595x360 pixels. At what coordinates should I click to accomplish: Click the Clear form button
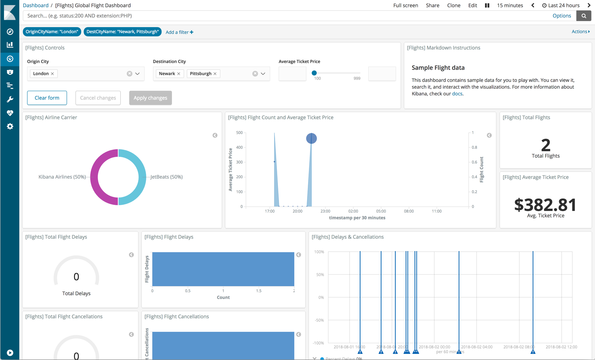point(47,98)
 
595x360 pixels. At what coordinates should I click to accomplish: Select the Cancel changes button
point(98,98)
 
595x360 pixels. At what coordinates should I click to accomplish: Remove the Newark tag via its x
point(179,74)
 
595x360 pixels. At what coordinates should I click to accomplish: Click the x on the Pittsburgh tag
point(215,74)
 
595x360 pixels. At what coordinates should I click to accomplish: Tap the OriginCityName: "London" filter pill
point(52,32)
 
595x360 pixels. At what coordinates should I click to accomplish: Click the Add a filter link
point(179,32)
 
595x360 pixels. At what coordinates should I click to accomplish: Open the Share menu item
point(432,5)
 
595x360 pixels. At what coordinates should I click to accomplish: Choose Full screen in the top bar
point(405,5)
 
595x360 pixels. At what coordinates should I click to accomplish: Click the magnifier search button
point(584,16)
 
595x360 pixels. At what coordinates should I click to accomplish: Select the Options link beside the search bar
point(562,16)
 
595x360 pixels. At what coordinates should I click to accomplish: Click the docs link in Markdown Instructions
point(457,94)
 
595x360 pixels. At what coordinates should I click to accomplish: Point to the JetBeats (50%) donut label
point(167,177)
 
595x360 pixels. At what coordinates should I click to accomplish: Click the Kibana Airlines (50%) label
point(62,177)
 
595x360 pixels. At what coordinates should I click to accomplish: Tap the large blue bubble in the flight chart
point(311,138)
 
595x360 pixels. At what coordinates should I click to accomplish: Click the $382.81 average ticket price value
point(545,205)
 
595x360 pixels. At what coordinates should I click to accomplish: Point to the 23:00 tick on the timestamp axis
point(325,211)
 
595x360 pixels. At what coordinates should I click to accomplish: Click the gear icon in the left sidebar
point(10,126)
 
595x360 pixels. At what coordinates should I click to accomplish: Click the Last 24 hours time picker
point(561,5)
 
